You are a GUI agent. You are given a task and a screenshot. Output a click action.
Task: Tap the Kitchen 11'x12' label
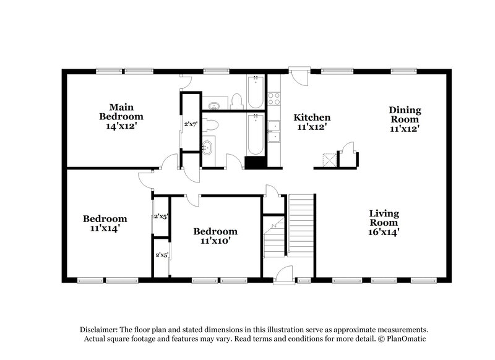(x=311, y=122)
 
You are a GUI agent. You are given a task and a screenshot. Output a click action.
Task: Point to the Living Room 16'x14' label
(x=384, y=223)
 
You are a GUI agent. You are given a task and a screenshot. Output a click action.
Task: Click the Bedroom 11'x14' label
(x=105, y=223)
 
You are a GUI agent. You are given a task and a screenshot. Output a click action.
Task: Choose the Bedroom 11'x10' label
(x=215, y=236)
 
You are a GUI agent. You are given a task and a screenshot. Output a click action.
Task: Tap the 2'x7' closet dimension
(x=190, y=124)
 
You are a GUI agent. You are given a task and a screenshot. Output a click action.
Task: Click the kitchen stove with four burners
(x=274, y=99)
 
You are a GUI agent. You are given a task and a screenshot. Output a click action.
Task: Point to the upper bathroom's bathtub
(x=255, y=92)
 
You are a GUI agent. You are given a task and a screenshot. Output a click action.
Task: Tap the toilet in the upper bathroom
(x=236, y=101)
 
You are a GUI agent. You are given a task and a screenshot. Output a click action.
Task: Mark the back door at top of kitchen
(x=299, y=79)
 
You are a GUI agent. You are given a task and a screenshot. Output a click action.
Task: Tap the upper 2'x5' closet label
(x=161, y=216)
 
